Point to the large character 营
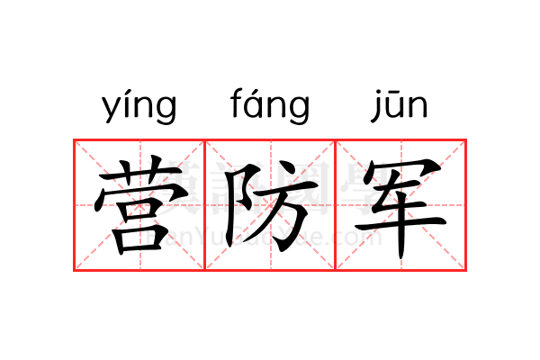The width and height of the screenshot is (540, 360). (x=139, y=205)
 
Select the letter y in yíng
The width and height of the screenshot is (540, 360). (x=111, y=110)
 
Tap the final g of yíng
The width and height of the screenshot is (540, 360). (x=165, y=111)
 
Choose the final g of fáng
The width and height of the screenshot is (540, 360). (x=298, y=111)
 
